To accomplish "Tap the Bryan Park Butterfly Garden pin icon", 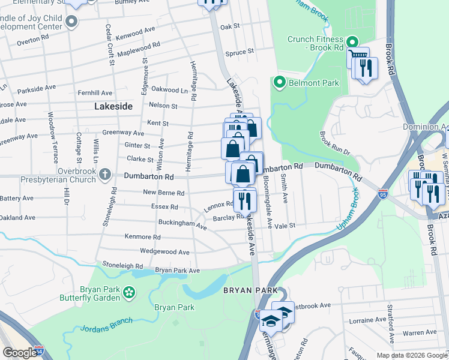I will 128,292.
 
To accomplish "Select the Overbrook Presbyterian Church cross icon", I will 104,175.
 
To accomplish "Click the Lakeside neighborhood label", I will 112,106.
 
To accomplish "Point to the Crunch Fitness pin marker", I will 351,41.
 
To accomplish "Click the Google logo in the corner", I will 20,353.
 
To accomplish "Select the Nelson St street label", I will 163,106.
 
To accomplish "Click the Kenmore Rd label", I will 142,237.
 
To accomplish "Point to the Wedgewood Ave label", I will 164,252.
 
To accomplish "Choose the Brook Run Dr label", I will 334,144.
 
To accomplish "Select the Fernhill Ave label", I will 95,93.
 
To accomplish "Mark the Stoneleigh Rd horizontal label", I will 122,265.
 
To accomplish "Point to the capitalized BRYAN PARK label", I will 250,290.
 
